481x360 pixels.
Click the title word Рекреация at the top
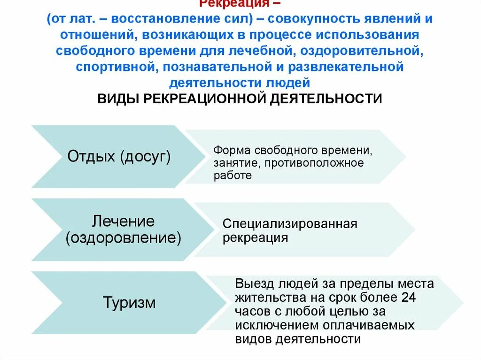point(234,4)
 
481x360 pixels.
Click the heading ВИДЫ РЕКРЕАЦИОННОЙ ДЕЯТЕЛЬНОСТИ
point(240,99)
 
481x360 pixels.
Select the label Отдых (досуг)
point(119,156)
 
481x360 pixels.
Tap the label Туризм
point(129,302)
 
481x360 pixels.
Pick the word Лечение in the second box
point(124,221)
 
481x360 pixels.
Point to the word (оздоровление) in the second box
point(124,237)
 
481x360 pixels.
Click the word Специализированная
point(290,224)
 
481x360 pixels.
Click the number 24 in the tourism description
point(408,298)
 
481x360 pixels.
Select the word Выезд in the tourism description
point(255,284)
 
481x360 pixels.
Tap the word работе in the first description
point(233,176)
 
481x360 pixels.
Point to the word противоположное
point(314,163)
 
